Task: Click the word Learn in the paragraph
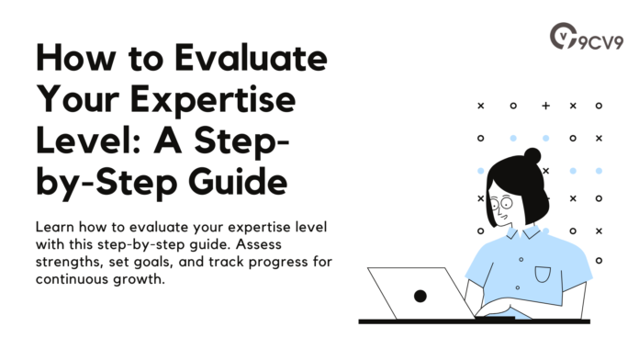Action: (55, 226)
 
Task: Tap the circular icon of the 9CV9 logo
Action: (562, 38)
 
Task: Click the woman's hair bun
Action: (532, 156)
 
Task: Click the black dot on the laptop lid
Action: (420, 296)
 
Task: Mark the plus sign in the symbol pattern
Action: (545, 106)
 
